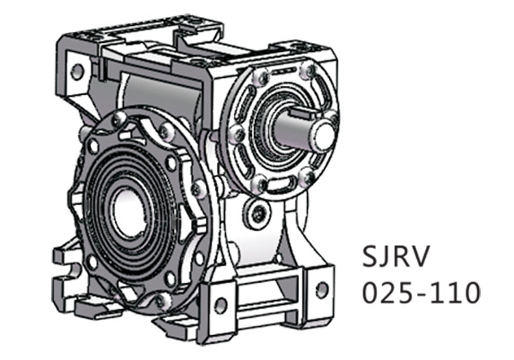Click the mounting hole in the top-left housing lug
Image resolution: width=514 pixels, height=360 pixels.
[77, 70]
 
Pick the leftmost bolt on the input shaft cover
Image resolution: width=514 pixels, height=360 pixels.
[237, 135]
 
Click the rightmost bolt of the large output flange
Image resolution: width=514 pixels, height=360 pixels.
[197, 189]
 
